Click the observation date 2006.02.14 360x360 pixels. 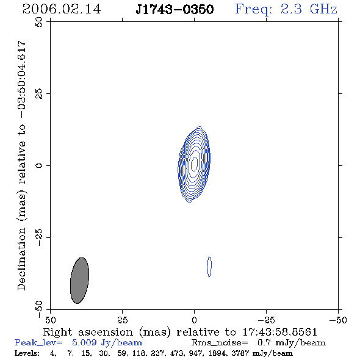tap(62, 9)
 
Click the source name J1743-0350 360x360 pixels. tap(175, 9)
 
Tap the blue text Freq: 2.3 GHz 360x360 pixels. tap(286, 9)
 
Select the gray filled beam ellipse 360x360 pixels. tap(79, 280)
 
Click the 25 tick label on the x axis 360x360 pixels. tap(122, 320)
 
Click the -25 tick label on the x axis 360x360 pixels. tap(266, 320)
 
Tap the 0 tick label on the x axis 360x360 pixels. tap(194, 320)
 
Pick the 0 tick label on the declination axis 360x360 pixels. tap(39, 165)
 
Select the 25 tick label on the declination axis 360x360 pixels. tap(39, 94)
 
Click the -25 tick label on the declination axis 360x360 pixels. tap(39, 237)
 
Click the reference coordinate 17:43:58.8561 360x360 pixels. tap(279, 332)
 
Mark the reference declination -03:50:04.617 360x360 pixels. tap(21, 79)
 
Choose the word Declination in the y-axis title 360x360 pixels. tap(21, 259)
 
